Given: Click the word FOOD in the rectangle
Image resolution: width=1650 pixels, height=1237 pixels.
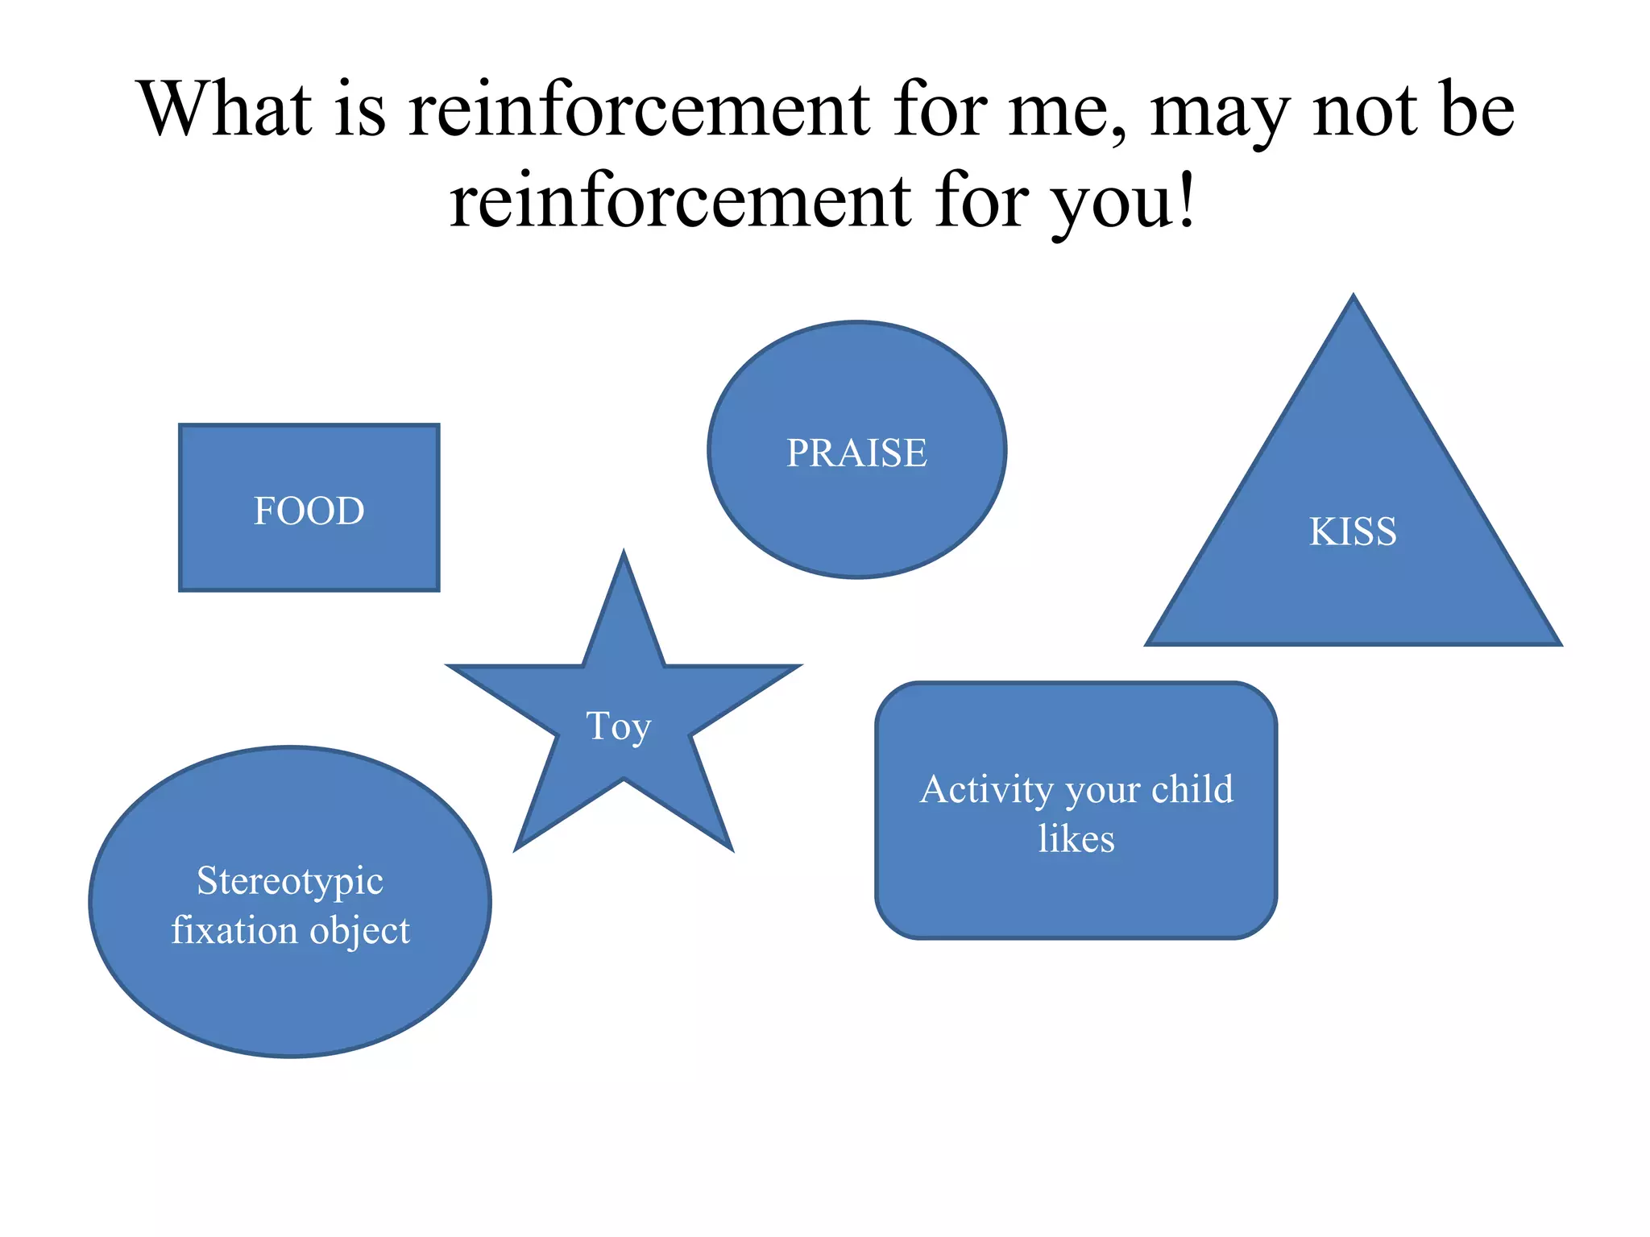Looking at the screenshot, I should [309, 511].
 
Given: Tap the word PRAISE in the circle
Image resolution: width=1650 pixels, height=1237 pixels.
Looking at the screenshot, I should [856, 453].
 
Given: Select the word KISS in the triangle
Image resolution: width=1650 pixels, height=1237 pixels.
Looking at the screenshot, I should [1353, 532].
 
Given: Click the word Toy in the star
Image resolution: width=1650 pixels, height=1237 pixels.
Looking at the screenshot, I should [618, 726].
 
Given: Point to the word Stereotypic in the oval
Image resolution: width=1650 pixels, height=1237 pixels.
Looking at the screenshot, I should [290, 881].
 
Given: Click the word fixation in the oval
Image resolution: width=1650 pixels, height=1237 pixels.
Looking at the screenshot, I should [234, 930].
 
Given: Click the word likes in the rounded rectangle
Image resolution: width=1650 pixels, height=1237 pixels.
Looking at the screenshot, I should [1076, 839].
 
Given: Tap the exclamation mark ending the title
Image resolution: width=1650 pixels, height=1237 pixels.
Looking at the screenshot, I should [1185, 201].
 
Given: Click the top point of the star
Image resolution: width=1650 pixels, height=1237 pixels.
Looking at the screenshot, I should [624, 553].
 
